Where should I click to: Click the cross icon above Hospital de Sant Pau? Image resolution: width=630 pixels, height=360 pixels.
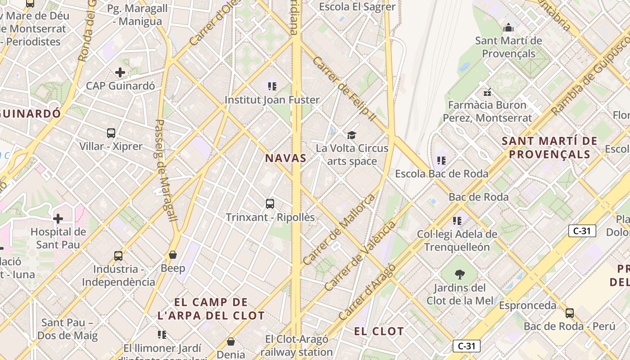(58, 219)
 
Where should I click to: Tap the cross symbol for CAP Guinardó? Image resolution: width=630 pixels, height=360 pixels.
(120, 72)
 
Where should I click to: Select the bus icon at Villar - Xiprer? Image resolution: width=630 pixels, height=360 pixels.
(111, 133)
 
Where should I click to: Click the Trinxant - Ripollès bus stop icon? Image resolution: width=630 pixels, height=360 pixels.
(270, 204)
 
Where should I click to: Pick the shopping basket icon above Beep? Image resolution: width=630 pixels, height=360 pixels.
(173, 255)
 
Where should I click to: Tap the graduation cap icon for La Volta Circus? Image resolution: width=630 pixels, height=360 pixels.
(351, 135)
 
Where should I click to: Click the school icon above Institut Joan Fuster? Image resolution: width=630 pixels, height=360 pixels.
(272, 86)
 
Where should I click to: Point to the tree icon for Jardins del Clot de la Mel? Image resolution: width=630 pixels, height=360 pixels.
(459, 274)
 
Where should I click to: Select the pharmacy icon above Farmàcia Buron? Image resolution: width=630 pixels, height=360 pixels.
(487, 92)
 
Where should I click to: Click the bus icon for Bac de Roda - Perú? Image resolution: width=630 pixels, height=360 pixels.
(570, 313)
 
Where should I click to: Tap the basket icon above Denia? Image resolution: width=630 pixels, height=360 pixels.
(231, 342)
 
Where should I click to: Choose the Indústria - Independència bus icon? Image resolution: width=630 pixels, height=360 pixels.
(118, 256)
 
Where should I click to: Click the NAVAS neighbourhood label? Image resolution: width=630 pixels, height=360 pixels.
(286, 158)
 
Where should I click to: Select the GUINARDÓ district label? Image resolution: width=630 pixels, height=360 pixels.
(31, 113)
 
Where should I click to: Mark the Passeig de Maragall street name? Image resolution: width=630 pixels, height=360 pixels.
(166, 170)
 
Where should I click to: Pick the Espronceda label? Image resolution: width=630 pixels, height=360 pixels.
(527, 306)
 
